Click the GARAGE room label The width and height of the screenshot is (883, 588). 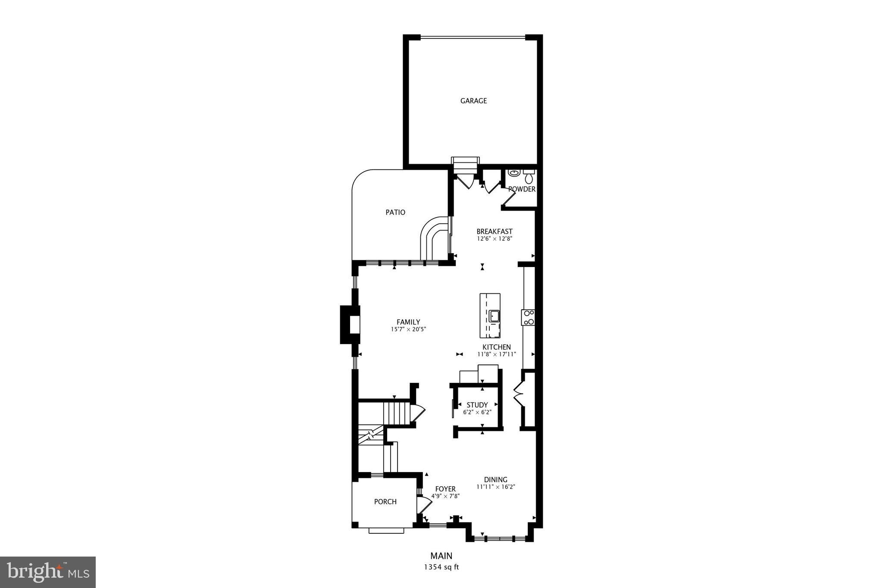pos(473,101)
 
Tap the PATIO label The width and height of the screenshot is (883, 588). pos(395,212)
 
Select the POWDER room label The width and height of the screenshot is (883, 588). pos(522,189)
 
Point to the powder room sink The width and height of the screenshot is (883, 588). pos(514,173)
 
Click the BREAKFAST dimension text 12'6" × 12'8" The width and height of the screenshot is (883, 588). pos(494,239)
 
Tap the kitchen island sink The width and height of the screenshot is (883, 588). pos(494,317)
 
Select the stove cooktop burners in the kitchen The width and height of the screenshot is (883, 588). pos(528,317)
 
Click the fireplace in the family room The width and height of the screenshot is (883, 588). pos(351,324)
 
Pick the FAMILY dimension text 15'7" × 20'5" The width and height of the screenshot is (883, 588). pos(408,330)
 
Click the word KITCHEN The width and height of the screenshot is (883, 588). pos(496,347)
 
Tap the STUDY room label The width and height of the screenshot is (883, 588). pos(477,405)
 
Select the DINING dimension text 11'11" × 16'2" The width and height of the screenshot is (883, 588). pos(496,487)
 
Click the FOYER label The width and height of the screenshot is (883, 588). pos(445,489)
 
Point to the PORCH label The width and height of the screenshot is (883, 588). pos(385,502)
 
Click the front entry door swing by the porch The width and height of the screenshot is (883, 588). pos(423,504)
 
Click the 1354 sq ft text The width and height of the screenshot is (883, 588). pos(441,567)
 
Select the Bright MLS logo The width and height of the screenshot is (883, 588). pos(47,572)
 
